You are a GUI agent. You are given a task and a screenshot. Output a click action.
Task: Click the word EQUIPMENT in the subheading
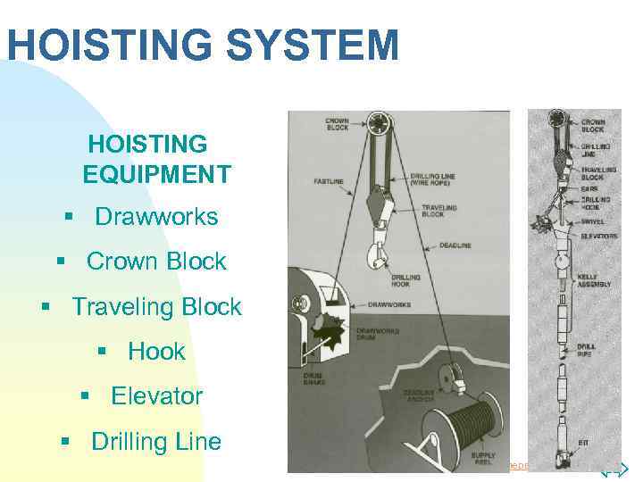[x=156, y=173]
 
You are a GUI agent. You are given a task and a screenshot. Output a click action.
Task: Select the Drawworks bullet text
[x=156, y=217]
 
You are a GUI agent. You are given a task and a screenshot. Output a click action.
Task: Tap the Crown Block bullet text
[x=156, y=262]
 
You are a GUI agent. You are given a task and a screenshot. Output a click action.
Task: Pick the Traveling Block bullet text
[x=156, y=307]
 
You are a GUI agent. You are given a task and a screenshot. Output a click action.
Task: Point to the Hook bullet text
[x=156, y=352]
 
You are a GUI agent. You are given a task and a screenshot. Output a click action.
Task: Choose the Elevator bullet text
[x=156, y=396]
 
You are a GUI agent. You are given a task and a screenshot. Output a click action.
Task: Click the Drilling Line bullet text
[x=156, y=442]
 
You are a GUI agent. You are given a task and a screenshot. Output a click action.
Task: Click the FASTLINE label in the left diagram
[x=329, y=181]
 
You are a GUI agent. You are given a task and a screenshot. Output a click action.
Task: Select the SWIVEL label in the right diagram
[x=592, y=221]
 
